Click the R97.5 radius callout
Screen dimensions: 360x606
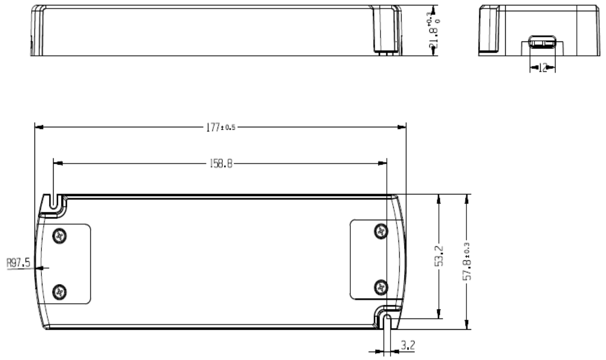point(19,262)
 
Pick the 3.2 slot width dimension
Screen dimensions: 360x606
point(408,346)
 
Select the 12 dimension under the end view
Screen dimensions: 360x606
point(542,68)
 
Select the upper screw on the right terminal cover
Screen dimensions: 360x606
point(380,231)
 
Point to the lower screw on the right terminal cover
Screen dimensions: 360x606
point(380,287)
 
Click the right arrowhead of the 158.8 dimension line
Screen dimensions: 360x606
point(384,164)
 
